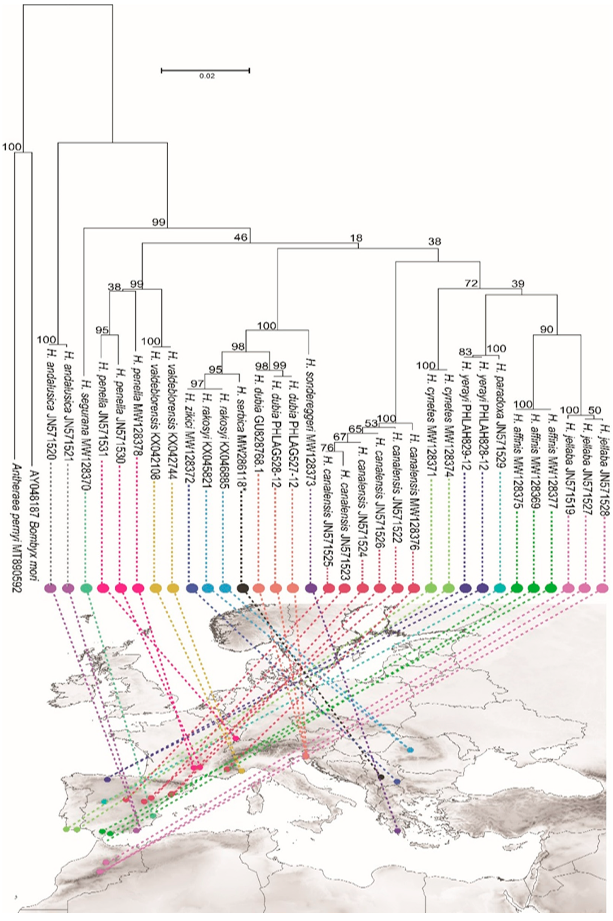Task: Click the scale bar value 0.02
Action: click(207, 76)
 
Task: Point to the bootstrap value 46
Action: click(242, 237)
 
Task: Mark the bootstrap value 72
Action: click(471, 283)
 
